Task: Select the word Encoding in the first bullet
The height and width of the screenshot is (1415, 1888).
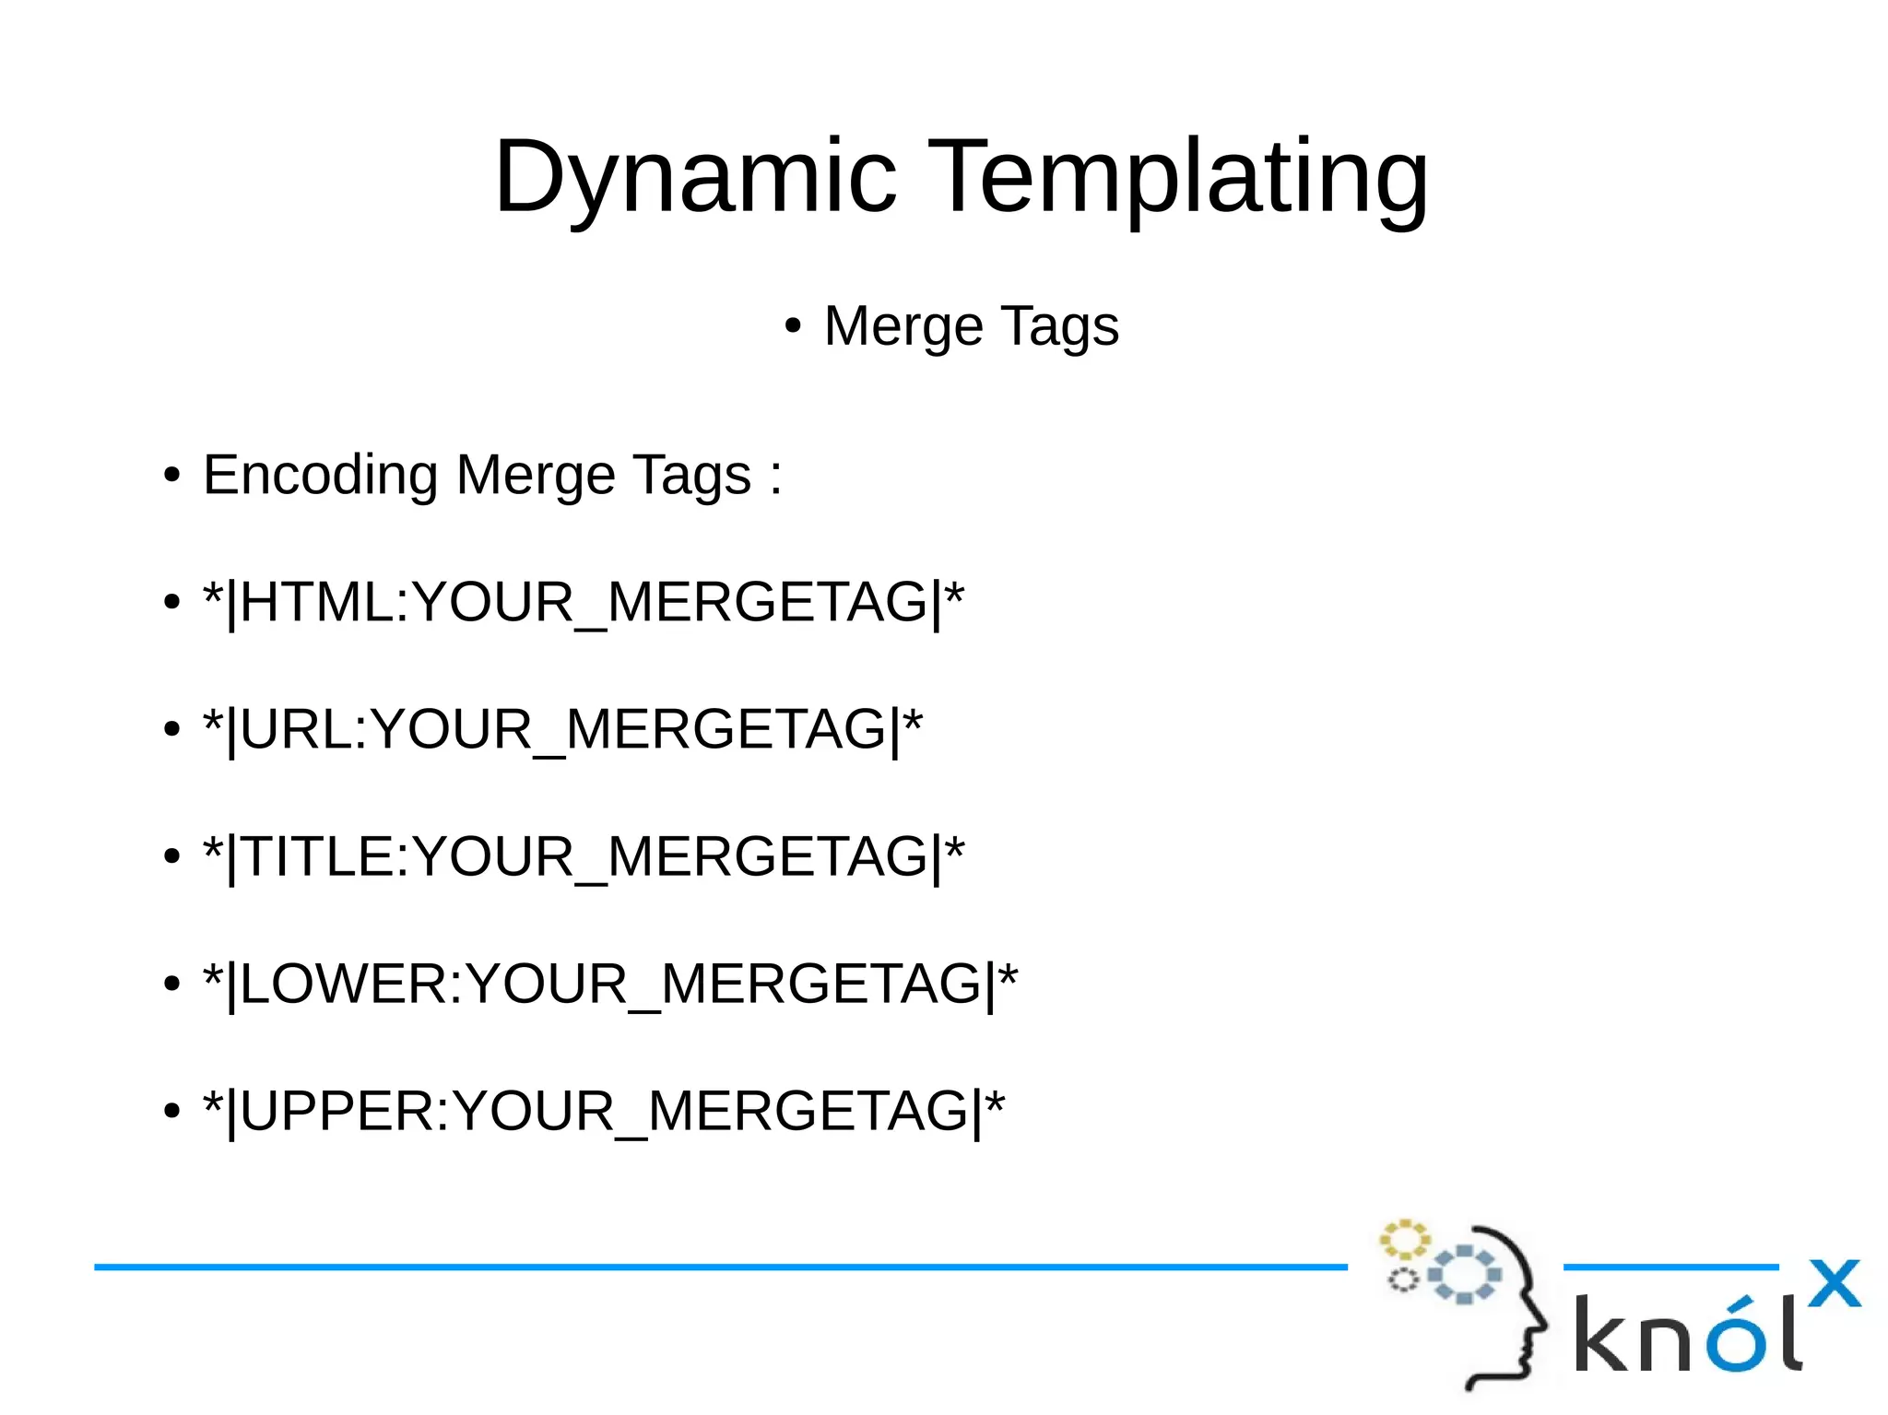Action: (320, 476)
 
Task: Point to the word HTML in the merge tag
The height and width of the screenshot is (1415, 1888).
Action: (315, 603)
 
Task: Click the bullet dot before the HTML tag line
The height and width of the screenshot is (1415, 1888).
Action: (171, 604)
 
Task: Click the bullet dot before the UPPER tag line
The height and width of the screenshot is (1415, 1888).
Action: (171, 1113)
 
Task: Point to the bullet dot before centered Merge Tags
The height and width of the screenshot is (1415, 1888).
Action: (793, 327)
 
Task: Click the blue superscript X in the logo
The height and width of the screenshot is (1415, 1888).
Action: (1834, 1283)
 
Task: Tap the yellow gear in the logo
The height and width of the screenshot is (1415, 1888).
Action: (1404, 1240)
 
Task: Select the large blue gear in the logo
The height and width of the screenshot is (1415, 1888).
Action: (1464, 1274)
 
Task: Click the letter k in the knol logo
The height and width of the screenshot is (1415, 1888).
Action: (1600, 1333)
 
